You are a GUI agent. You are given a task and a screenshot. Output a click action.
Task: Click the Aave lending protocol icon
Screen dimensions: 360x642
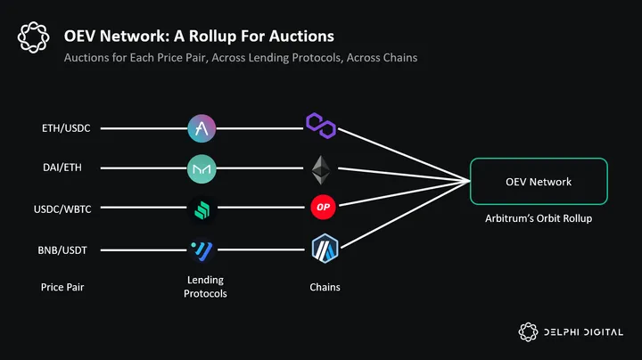click(x=202, y=128)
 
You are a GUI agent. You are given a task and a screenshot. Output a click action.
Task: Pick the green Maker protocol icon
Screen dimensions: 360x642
click(x=202, y=167)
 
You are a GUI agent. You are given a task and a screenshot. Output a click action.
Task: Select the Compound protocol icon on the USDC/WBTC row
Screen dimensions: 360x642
click(x=202, y=209)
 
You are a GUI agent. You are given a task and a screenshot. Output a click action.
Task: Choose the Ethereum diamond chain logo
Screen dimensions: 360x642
click(x=321, y=167)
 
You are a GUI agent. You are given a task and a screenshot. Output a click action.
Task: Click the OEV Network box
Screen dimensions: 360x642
click(x=539, y=182)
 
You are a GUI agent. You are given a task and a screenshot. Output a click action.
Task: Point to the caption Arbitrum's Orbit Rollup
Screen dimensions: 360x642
click(x=539, y=217)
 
